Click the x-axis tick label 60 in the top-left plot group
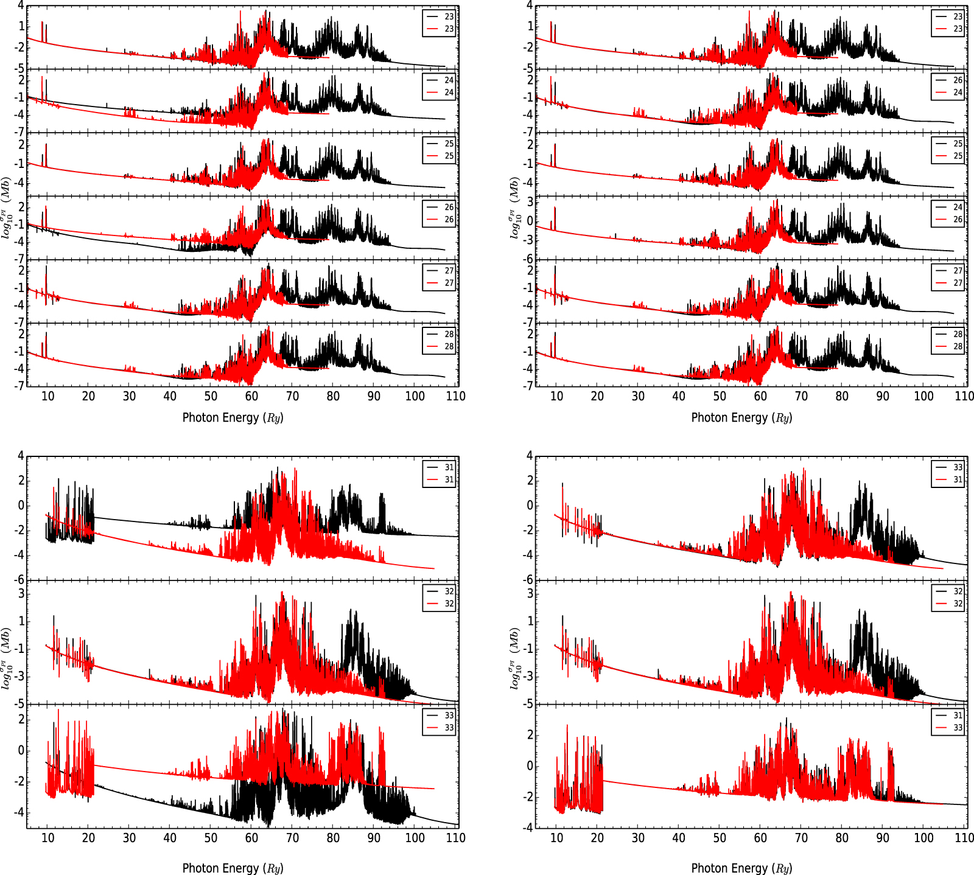[x=251, y=396]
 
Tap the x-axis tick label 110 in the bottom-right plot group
[x=964, y=838]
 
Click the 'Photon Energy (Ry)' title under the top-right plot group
[x=741, y=417]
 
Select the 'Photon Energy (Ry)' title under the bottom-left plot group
[x=233, y=868]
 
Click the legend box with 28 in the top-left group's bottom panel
[x=440, y=340]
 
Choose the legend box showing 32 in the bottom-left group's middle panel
[x=440, y=598]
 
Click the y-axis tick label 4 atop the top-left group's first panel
[x=21, y=5]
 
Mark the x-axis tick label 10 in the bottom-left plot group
[x=47, y=838]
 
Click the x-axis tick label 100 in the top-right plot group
[x=923, y=396]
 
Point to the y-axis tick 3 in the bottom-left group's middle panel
[x=21, y=593]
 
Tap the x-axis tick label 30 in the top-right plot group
[x=638, y=396]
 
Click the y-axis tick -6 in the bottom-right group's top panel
[x=528, y=579]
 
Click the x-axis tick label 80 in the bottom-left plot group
[x=333, y=838]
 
